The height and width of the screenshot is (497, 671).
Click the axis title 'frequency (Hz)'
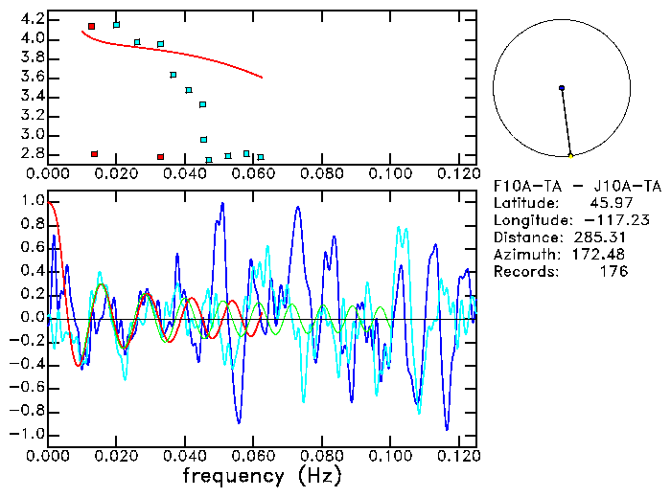click(262, 476)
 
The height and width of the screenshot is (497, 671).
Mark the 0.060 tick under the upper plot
click(253, 174)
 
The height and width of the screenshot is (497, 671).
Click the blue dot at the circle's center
click(562, 88)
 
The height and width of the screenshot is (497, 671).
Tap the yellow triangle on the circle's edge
click(570, 154)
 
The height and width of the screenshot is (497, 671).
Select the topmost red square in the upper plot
click(91, 27)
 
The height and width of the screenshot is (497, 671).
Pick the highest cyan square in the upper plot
click(116, 25)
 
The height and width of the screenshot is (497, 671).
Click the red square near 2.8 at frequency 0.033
click(160, 156)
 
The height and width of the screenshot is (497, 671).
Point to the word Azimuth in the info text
click(524, 255)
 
